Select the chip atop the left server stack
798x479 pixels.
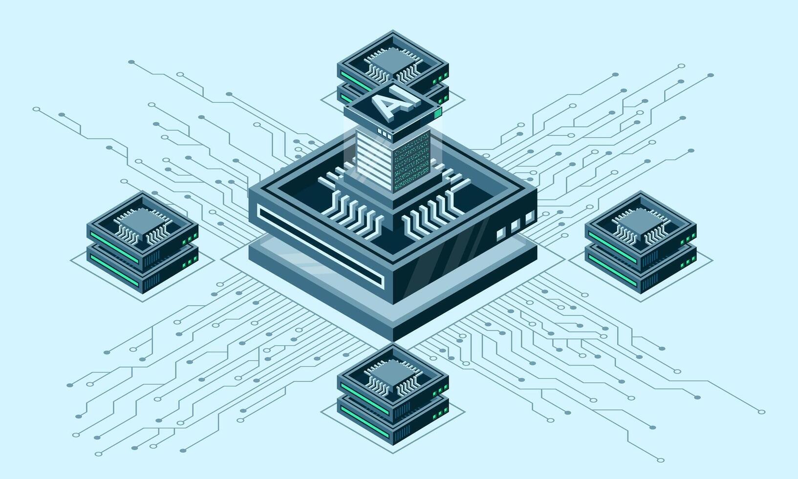click(x=143, y=222)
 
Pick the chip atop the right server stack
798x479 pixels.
click(x=641, y=222)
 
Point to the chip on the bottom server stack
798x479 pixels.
click(x=392, y=374)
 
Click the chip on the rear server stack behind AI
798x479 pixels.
click(x=392, y=61)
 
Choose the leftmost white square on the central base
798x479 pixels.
click(x=501, y=232)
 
